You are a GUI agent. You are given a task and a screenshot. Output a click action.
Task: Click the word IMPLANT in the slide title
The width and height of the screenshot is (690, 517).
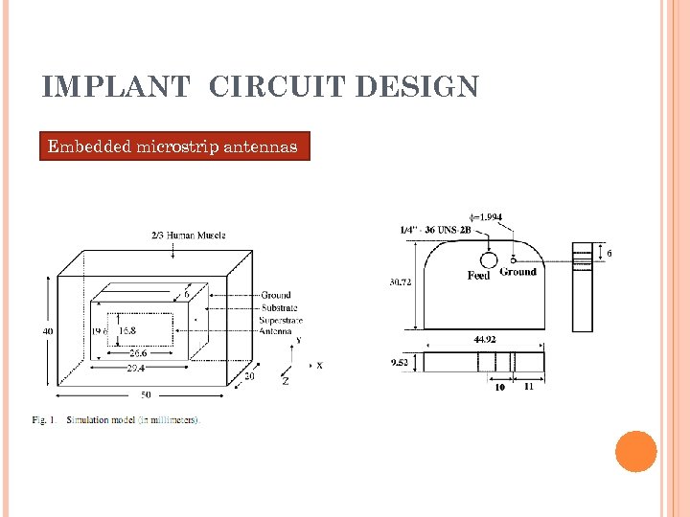pyautogui.click(x=117, y=88)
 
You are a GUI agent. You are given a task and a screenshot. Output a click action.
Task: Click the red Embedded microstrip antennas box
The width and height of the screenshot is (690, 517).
pyautogui.click(x=174, y=146)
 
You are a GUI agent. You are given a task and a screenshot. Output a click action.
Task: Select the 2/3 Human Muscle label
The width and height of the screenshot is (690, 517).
pyautogui.click(x=185, y=236)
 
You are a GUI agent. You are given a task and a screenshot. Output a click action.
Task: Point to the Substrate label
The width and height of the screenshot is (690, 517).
pyautogui.click(x=279, y=307)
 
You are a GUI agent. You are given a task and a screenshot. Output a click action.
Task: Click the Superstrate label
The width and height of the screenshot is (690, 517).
pyautogui.click(x=282, y=320)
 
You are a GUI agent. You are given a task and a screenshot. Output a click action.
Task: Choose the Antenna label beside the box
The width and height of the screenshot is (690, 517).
pyautogui.click(x=276, y=331)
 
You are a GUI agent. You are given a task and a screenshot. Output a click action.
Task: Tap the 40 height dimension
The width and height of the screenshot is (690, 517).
pyautogui.click(x=48, y=331)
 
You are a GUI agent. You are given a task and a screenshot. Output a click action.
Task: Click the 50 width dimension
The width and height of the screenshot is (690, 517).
pyautogui.click(x=145, y=393)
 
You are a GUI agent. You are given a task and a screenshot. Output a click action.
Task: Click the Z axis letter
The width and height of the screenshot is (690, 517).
pyautogui.click(x=285, y=381)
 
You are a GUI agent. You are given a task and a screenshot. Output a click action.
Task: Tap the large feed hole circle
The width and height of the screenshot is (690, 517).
pyautogui.click(x=488, y=259)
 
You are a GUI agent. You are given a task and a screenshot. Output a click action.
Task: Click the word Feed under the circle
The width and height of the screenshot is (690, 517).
pyautogui.click(x=478, y=276)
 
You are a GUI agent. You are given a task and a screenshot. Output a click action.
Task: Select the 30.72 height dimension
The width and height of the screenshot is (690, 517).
pyautogui.click(x=401, y=282)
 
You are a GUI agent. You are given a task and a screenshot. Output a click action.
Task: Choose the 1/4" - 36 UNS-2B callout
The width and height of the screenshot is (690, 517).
pyautogui.click(x=433, y=230)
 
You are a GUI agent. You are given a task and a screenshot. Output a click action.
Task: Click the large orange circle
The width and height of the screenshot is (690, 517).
pyautogui.click(x=635, y=451)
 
